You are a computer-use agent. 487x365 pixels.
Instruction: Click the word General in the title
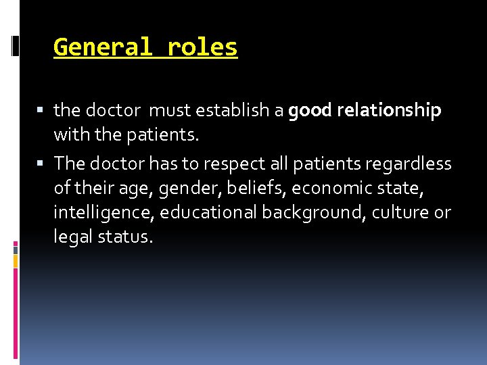pyautogui.click(x=104, y=47)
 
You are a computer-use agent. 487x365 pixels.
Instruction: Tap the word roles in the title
pyautogui.click(x=203, y=47)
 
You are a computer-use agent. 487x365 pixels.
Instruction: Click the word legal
pyautogui.click(x=71, y=237)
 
